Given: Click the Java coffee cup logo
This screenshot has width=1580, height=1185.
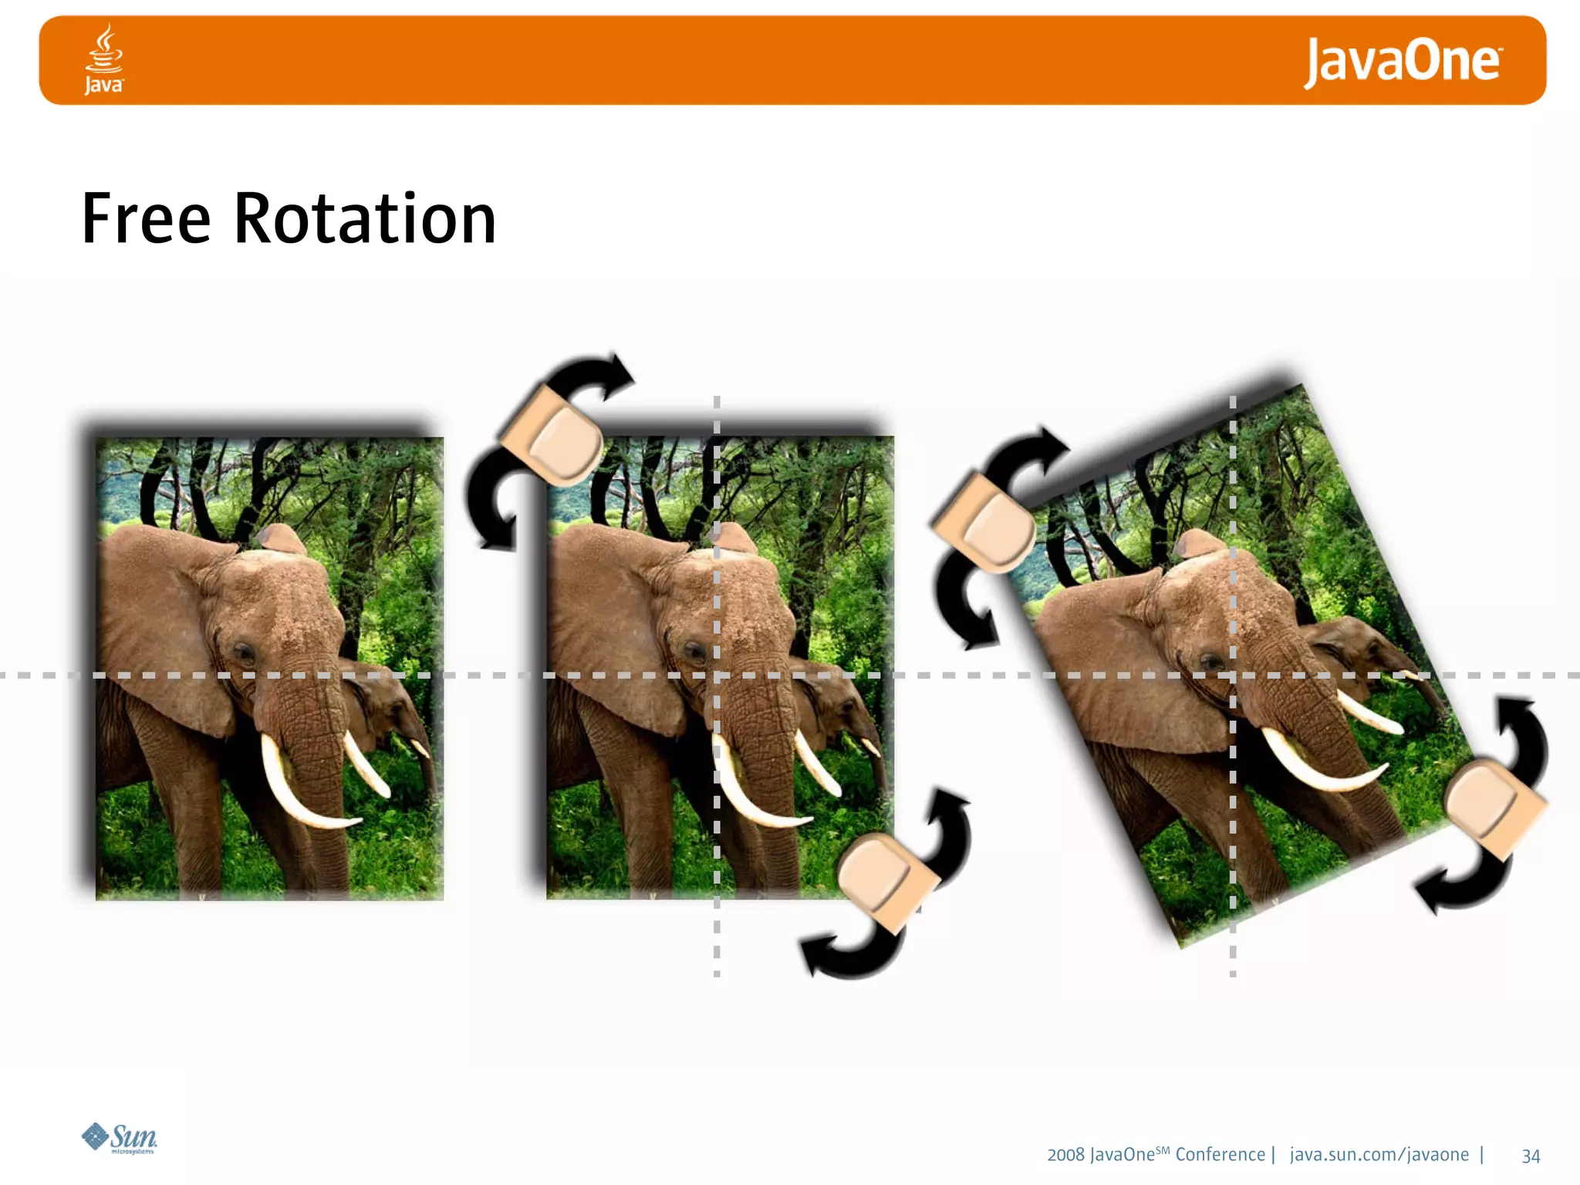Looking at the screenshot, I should [103, 59].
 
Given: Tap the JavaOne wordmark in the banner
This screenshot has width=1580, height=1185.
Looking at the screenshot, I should [1402, 62].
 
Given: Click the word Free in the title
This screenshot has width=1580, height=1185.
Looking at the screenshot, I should [146, 219].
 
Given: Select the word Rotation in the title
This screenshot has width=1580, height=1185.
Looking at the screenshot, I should [365, 219].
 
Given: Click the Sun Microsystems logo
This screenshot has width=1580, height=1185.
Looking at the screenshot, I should [120, 1138].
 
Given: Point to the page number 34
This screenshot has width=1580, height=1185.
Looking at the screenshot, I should [1531, 1156].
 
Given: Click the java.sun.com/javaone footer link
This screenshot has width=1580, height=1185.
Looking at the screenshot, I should [1379, 1155].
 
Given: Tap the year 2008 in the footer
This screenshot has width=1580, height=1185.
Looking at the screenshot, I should [1065, 1155].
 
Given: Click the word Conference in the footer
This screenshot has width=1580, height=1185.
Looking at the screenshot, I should [1220, 1155].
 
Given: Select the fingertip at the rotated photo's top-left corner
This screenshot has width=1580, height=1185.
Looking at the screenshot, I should [988, 525].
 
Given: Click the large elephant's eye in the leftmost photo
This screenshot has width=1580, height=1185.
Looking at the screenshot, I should [245, 654].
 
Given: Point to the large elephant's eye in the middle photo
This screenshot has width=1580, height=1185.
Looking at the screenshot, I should [695, 653].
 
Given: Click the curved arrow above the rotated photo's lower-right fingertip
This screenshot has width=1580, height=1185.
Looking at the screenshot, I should [1524, 733].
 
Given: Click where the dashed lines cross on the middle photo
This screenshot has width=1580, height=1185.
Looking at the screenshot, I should [717, 675].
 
